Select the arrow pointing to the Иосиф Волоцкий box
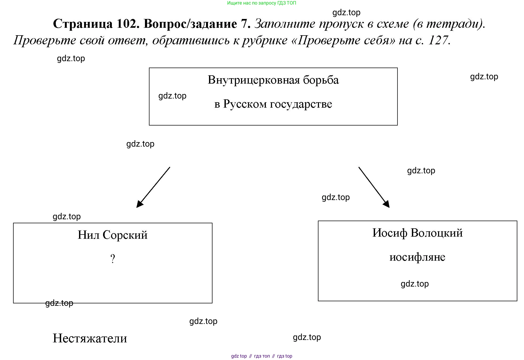tap(374, 187)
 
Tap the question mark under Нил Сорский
tap(113, 259)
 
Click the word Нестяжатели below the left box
tap(90, 338)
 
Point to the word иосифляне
tap(417, 257)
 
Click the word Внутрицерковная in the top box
tap(254, 80)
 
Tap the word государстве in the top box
tap(301, 104)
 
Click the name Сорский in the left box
tap(125, 235)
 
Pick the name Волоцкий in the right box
tap(436, 233)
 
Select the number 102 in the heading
tap(128, 24)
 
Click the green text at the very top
tap(261, 3)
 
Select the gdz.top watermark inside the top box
tap(172, 96)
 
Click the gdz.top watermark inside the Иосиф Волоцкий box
tap(415, 284)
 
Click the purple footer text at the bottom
tap(262, 356)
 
